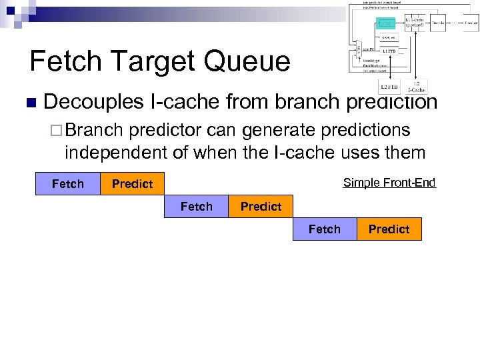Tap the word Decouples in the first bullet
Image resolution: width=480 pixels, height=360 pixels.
click(x=93, y=102)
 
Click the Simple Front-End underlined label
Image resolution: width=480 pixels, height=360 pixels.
click(x=389, y=183)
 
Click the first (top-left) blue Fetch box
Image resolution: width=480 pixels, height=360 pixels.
click(x=67, y=184)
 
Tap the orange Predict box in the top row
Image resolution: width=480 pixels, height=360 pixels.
click(x=132, y=184)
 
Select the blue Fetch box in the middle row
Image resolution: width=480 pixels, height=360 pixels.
click(x=196, y=207)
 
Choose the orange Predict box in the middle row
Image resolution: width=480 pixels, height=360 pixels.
click(x=261, y=207)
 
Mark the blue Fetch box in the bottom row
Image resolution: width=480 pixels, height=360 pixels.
click(x=325, y=229)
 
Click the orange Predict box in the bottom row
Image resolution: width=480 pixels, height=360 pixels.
click(x=389, y=229)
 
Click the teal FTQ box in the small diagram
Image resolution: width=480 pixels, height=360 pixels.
click(x=386, y=23)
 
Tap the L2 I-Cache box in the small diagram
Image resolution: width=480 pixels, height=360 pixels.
click(x=416, y=86)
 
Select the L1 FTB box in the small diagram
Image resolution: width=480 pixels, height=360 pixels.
click(x=388, y=51)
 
